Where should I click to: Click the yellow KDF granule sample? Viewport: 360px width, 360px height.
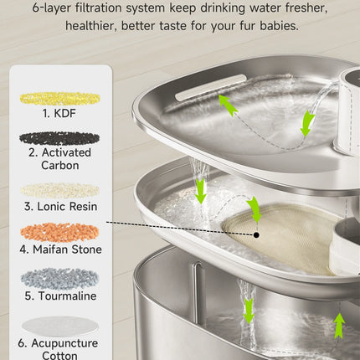point(59,99)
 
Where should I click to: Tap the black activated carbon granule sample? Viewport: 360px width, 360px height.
point(59,139)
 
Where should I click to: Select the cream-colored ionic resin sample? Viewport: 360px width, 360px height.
point(59,191)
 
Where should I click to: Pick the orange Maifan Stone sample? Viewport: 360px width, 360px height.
point(59,232)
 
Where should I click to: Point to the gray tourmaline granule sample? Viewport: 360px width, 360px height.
point(59,279)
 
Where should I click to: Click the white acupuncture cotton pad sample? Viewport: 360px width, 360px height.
point(60,326)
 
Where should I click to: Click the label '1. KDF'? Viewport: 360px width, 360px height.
point(59,113)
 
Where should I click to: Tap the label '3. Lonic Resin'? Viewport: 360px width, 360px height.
point(60,207)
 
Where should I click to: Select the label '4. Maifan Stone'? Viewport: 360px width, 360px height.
point(60,249)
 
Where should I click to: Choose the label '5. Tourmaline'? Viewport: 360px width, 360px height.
point(60,296)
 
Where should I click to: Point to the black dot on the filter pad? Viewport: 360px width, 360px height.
point(256,235)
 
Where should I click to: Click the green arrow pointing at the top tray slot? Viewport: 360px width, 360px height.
point(228,104)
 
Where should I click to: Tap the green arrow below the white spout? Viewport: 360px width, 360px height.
point(307,123)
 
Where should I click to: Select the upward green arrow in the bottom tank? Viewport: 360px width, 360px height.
point(339,326)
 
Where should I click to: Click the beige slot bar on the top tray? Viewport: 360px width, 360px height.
point(211,87)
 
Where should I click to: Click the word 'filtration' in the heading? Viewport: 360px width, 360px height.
point(99,8)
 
